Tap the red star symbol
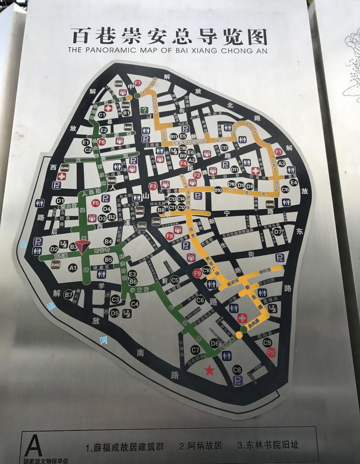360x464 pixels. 209,370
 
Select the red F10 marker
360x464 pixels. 271,353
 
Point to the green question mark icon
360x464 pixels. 145,111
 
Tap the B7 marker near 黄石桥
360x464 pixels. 68,295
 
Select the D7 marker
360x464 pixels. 277,232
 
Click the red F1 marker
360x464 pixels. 278,152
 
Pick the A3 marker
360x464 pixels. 282,164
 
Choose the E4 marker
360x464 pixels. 294,182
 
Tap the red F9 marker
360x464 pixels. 197,273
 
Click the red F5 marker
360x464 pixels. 95,203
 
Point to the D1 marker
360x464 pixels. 60,200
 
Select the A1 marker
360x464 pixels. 73,267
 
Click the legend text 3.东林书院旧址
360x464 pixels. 268,445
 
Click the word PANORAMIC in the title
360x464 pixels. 110,50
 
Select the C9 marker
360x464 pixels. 267,343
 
